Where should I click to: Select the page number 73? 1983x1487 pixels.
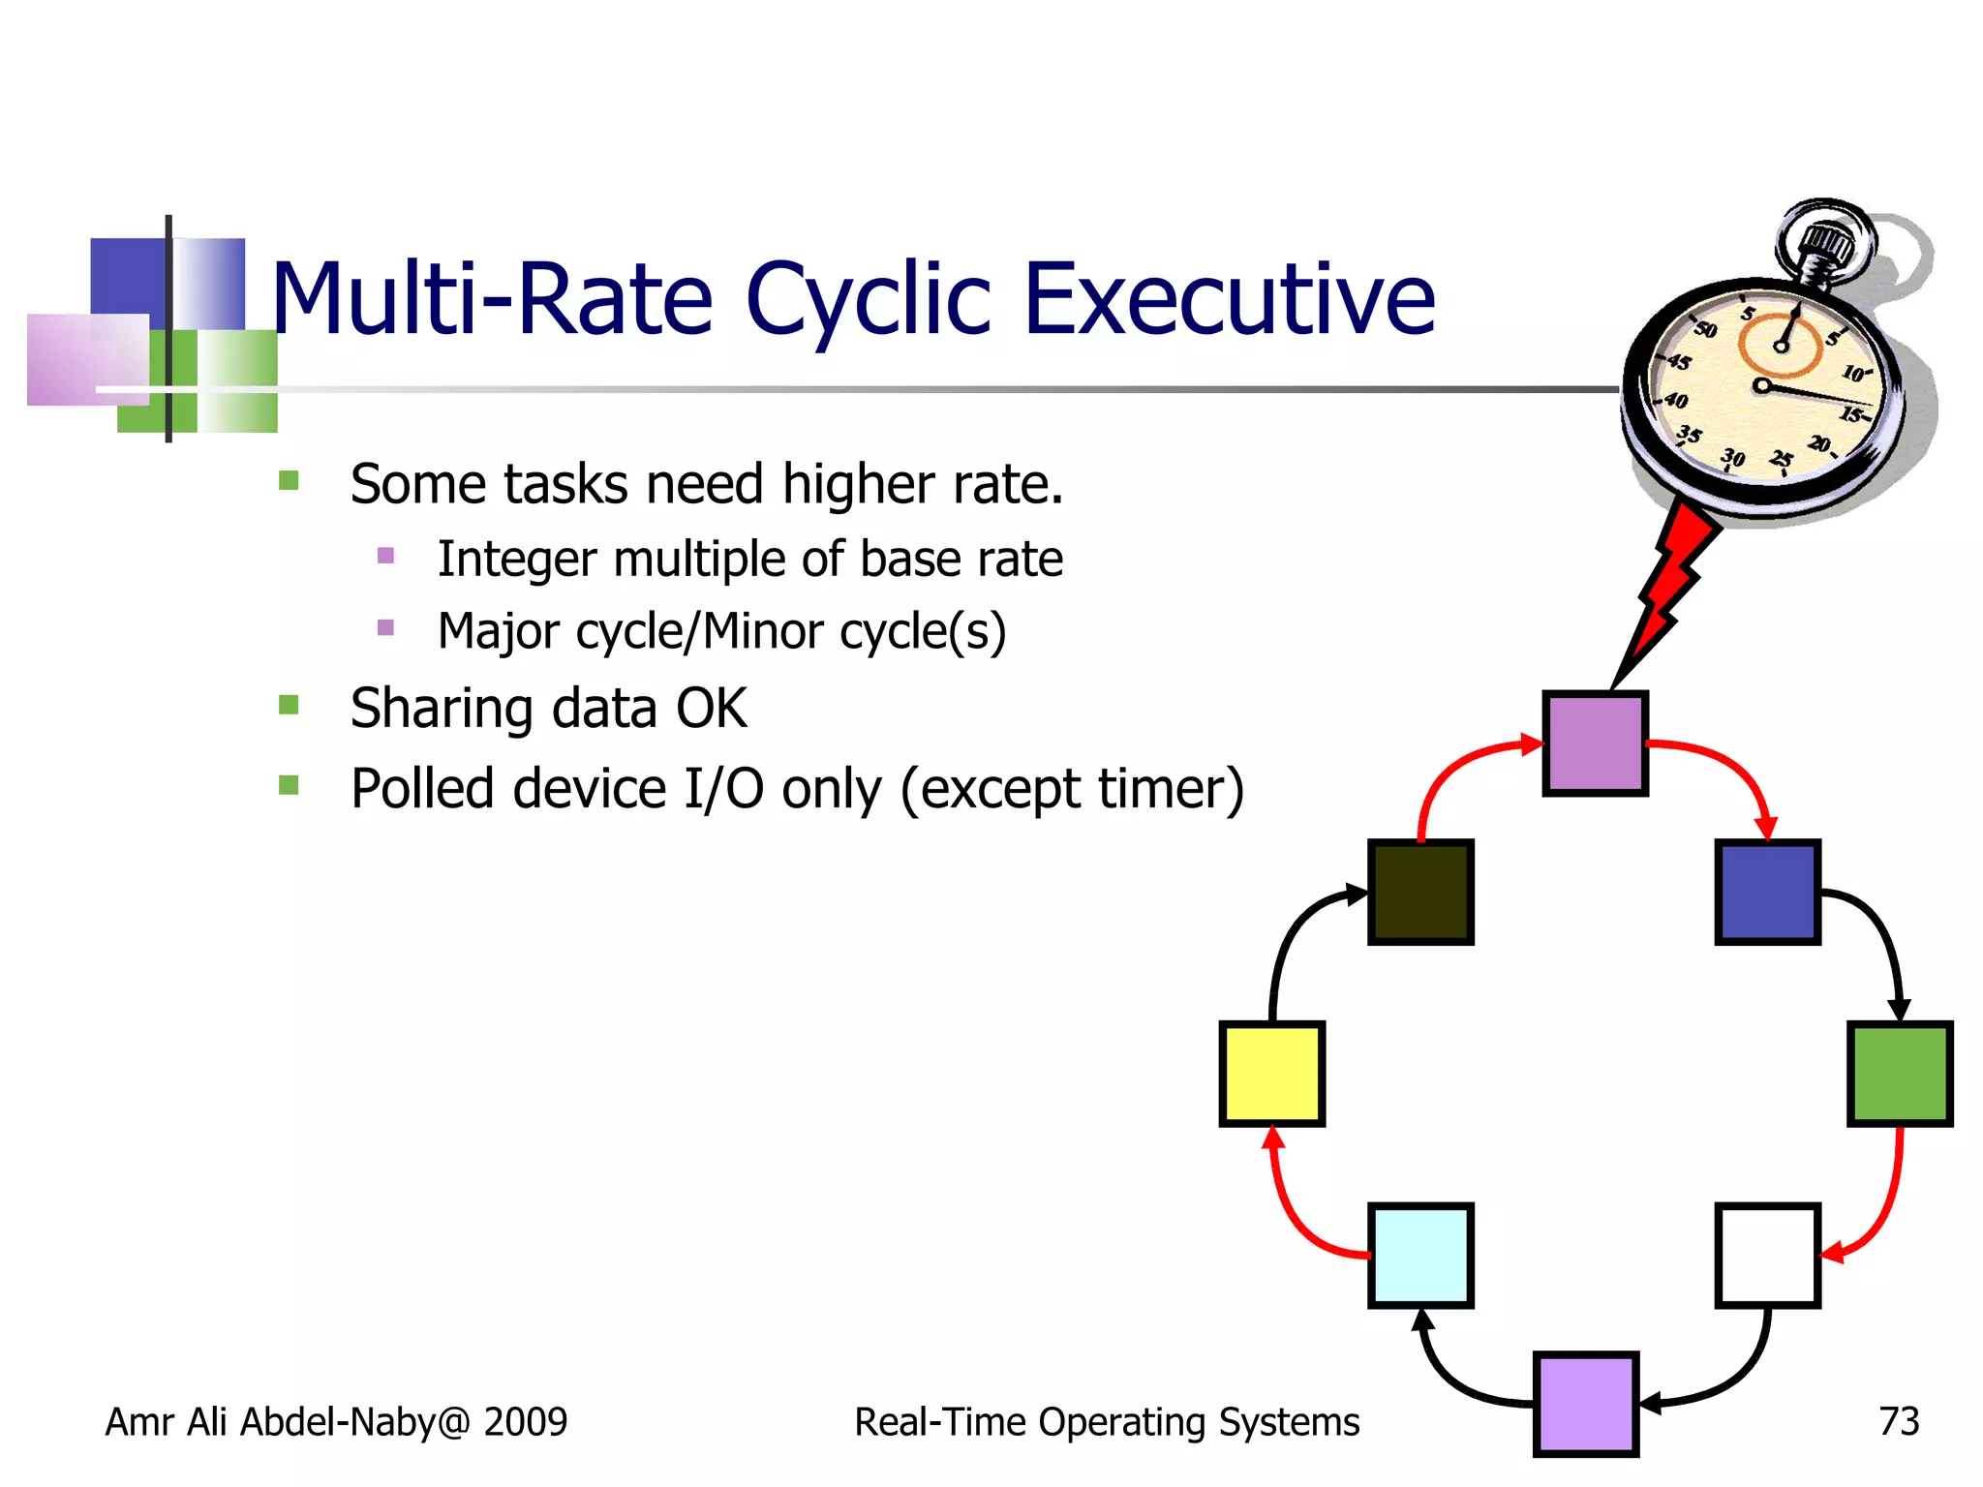click(1898, 1421)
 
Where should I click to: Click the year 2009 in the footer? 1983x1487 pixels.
click(525, 1421)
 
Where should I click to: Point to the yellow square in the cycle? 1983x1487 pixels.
click(1271, 1074)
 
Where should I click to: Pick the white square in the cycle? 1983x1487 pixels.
click(1767, 1256)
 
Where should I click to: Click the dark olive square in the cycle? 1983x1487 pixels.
click(1420, 892)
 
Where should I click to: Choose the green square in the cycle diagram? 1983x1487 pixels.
click(1899, 1074)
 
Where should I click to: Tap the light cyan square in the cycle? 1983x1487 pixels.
click(1420, 1256)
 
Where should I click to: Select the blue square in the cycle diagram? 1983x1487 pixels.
click(1767, 892)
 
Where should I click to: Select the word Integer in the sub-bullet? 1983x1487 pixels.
click(516, 559)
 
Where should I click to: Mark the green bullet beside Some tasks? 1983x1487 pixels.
click(289, 480)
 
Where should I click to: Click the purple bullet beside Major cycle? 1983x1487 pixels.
click(385, 627)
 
